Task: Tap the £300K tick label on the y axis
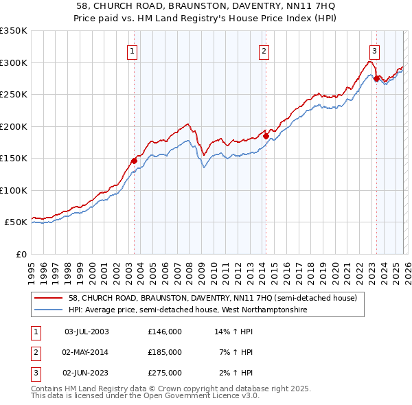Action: click(x=14, y=62)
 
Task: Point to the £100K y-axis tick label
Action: click(x=14, y=190)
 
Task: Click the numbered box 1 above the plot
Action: click(x=131, y=49)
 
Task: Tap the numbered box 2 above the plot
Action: click(x=264, y=49)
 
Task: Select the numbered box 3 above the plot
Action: click(x=374, y=49)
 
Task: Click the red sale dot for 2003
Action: click(x=135, y=161)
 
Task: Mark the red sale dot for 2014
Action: click(x=266, y=136)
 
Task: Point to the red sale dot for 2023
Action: click(x=376, y=78)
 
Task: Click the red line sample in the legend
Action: click(x=48, y=299)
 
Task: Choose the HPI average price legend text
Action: click(x=187, y=310)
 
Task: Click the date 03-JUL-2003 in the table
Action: click(x=86, y=332)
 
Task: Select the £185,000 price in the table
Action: click(x=165, y=352)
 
